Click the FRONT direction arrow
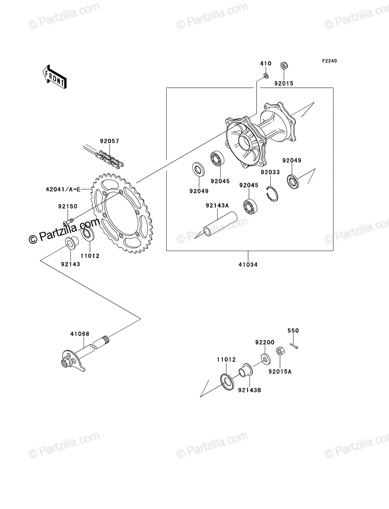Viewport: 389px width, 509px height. click(54, 77)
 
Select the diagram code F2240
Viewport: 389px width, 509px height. click(329, 61)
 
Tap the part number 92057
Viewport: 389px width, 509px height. click(109, 141)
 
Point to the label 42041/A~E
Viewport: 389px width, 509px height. click(63, 190)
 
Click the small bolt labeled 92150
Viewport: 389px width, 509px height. click(68, 221)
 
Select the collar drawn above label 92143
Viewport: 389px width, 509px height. click(72, 243)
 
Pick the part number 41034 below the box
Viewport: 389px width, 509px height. click(248, 265)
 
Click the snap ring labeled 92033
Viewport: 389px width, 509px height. click(272, 193)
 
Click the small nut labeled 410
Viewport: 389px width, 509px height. click(266, 76)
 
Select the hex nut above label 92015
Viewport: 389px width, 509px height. click(283, 66)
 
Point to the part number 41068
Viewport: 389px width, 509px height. click(80, 334)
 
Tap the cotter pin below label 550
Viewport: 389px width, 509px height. click(294, 346)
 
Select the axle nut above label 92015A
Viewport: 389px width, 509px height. click(280, 351)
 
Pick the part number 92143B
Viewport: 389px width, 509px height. click(249, 390)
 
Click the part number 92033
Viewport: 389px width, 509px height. click(270, 172)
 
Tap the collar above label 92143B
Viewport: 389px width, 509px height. click(246, 370)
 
